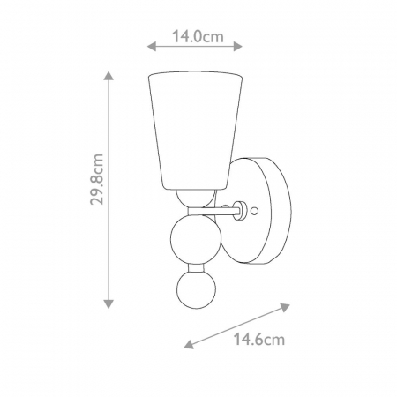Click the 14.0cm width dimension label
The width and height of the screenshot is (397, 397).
coord(198,37)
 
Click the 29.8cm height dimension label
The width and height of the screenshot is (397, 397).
coord(97,179)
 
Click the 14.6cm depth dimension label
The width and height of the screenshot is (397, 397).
coord(259,340)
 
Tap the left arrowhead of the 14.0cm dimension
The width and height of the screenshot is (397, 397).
coord(152,46)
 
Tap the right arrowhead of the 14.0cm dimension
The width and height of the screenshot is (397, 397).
coord(237,46)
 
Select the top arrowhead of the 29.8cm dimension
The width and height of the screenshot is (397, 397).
coord(109,76)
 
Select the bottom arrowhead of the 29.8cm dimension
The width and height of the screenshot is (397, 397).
coord(109,303)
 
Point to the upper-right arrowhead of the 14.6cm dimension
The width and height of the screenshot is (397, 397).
coord(285,307)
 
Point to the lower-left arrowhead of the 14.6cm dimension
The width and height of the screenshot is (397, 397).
coord(189,344)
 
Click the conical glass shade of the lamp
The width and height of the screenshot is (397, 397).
coord(196,130)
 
